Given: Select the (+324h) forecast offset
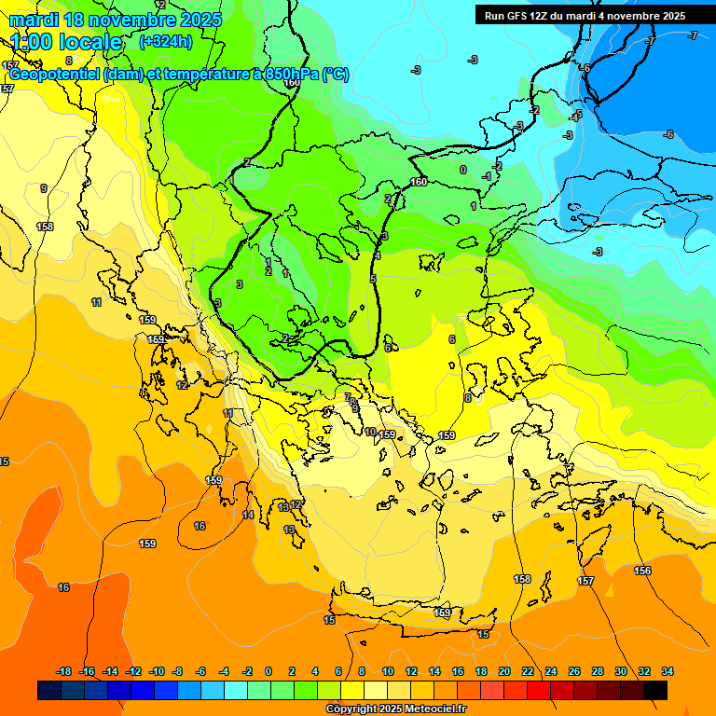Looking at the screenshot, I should [166, 41].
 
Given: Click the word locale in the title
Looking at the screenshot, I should [89, 42].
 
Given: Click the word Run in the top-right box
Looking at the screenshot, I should [495, 16].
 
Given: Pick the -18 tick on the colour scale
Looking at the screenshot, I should [64, 671].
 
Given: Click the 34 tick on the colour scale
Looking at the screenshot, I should [668, 671].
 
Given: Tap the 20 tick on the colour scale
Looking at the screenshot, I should [504, 671].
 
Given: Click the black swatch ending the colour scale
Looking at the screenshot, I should [655, 690].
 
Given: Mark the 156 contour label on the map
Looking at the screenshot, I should [642, 571].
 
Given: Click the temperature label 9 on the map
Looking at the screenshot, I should [43, 188].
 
